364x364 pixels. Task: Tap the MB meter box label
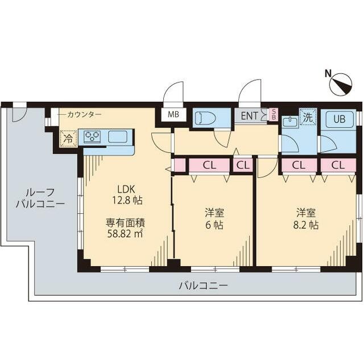pyautogui.click(x=173, y=114)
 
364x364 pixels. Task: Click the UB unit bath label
pyautogui.click(x=339, y=119)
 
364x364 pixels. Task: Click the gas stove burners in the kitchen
pyautogui.click(x=92, y=136)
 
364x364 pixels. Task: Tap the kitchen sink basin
pyautogui.click(x=118, y=136)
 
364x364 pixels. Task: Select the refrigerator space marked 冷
pyautogui.click(x=68, y=138)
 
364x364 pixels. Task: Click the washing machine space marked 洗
pyautogui.click(x=307, y=118)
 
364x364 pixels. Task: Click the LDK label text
pyautogui.click(x=126, y=189)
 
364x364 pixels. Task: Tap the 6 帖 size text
pyautogui.click(x=214, y=225)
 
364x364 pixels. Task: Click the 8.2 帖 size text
pyautogui.click(x=306, y=225)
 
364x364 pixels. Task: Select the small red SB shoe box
pyautogui.click(x=274, y=114)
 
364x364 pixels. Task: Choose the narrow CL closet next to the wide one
pyautogui.click(x=243, y=166)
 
